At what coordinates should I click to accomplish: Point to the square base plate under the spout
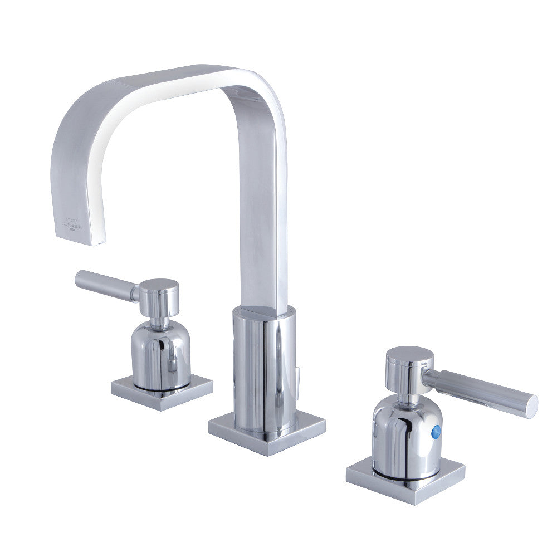266,433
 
